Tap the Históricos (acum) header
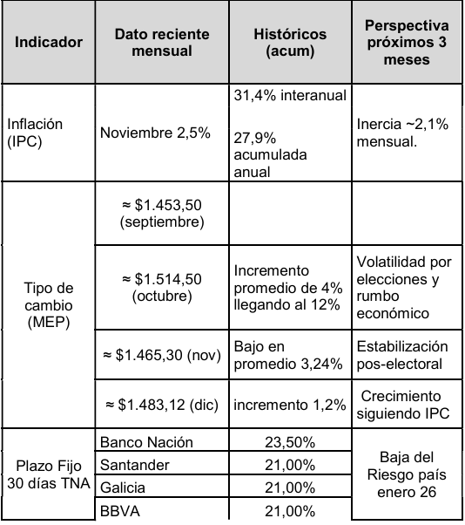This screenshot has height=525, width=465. click(x=290, y=42)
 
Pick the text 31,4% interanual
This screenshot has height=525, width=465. click(x=290, y=95)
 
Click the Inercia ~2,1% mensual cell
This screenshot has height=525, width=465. click(x=402, y=132)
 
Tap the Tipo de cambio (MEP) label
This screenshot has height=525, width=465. click(x=49, y=304)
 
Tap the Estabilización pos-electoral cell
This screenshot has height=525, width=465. click(x=402, y=355)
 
